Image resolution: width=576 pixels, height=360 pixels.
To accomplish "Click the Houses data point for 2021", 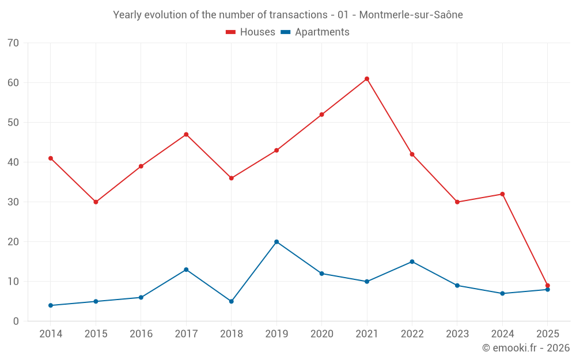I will [367, 79].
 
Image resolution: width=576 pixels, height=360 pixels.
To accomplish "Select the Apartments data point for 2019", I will [276, 242].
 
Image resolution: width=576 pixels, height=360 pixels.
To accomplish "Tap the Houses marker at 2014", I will [51, 158].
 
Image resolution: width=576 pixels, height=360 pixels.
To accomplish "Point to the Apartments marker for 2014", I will [51, 305].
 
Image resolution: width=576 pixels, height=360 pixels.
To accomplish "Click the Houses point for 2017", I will [186, 134].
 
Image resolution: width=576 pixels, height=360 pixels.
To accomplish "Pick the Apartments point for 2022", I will [412, 262].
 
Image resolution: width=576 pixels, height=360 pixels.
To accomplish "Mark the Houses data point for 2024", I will [502, 194].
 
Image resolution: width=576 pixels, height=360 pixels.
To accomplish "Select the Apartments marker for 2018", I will [232, 301].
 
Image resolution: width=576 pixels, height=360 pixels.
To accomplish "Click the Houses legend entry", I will [251, 32].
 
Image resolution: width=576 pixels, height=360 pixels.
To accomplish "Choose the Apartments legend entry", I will [315, 32].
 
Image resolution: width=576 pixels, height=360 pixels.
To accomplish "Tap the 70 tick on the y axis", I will [14, 43].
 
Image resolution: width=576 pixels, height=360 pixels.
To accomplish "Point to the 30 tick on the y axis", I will [14, 202].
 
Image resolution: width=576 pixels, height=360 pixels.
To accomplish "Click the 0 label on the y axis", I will [16, 321].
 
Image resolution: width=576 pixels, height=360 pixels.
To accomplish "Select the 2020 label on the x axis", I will [321, 334].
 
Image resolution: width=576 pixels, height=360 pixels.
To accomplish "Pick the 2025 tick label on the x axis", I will [547, 334].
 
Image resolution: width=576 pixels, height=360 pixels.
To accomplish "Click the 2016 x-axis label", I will [141, 334].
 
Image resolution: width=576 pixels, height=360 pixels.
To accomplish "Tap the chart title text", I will [288, 15].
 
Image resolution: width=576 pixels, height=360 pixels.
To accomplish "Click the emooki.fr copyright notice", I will [526, 348].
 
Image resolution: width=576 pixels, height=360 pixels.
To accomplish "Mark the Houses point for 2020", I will [321, 115].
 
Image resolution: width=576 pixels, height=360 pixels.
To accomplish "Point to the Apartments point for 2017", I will [186, 270].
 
